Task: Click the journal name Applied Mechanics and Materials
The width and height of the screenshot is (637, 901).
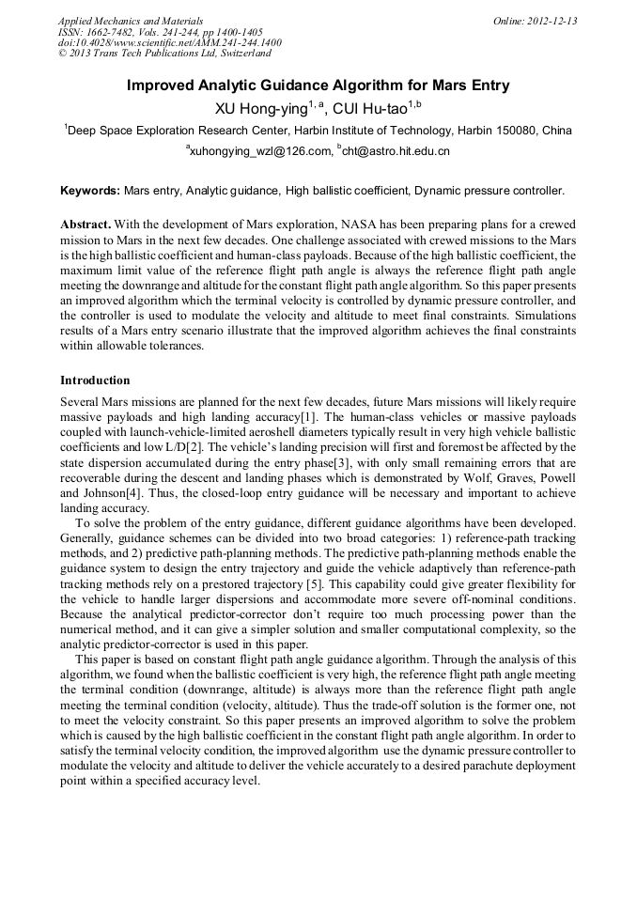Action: (130, 21)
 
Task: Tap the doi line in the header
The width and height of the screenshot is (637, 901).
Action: (169, 43)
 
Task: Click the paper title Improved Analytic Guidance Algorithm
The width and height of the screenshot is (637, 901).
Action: (318, 85)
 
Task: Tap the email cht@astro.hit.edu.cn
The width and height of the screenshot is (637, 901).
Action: (396, 150)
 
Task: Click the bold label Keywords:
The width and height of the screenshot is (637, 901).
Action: (90, 191)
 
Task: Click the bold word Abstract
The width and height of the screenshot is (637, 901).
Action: (85, 225)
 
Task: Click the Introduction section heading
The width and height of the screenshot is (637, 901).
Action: (95, 381)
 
